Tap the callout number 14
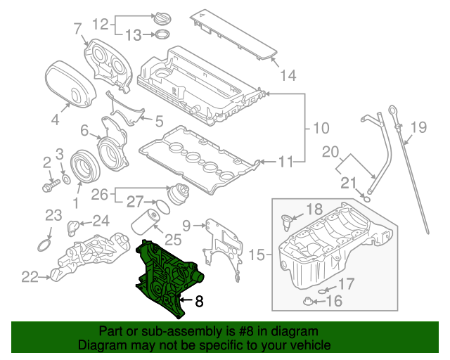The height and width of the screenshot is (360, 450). click(x=289, y=75)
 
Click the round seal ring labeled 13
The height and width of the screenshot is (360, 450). click(x=161, y=34)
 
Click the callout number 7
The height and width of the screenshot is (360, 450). click(x=78, y=29)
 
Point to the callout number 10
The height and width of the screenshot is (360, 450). click(x=321, y=128)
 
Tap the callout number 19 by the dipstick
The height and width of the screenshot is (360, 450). click(x=418, y=127)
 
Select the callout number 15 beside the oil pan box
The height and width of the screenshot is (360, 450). click(x=258, y=255)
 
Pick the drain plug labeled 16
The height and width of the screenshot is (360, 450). click(x=308, y=302)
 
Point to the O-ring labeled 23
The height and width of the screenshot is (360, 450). click(x=44, y=246)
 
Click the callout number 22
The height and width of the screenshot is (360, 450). click(x=29, y=277)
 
